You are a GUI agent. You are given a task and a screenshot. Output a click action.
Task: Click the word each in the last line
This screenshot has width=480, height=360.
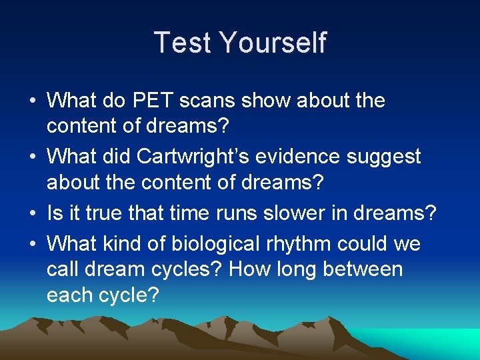coord(69,294)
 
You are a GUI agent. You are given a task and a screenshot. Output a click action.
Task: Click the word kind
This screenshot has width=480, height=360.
coord(125,243)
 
